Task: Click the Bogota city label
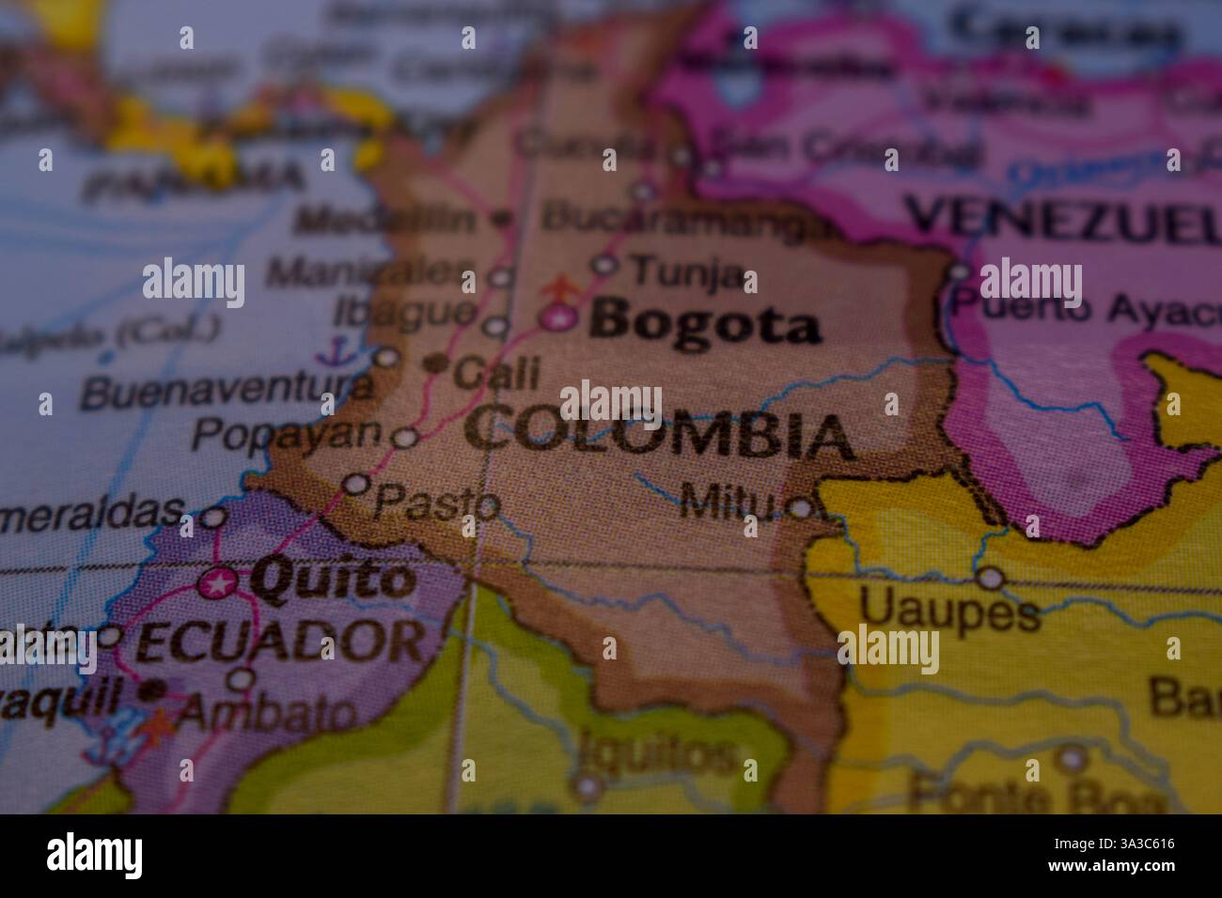[704, 324]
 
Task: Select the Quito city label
[333, 580]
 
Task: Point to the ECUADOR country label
[279, 642]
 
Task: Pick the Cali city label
[496, 373]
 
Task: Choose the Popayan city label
[288, 434]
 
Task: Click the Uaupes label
[949, 611]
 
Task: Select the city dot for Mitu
[800, 508]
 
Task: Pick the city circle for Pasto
[355, 484]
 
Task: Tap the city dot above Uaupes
[990, 578]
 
